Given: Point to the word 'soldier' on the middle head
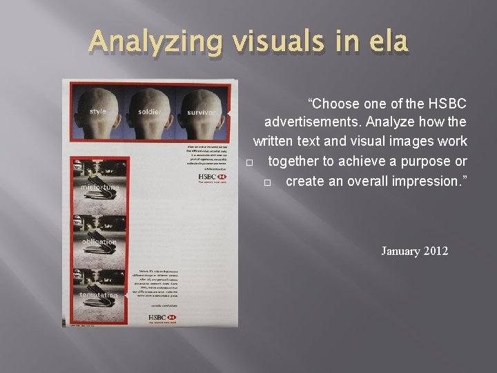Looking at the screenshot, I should (x=149, y=111).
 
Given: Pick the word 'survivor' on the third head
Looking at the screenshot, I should (x=201, y=112).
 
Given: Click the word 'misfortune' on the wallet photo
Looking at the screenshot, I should (x=99, y=187).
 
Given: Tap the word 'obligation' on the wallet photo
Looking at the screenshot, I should (x=99, y=242).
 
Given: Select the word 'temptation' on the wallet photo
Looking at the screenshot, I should (x=99, y=295).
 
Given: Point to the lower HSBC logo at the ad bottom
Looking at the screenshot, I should (x=164, y=317).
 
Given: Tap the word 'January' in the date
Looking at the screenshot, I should (x=398, y=251).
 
